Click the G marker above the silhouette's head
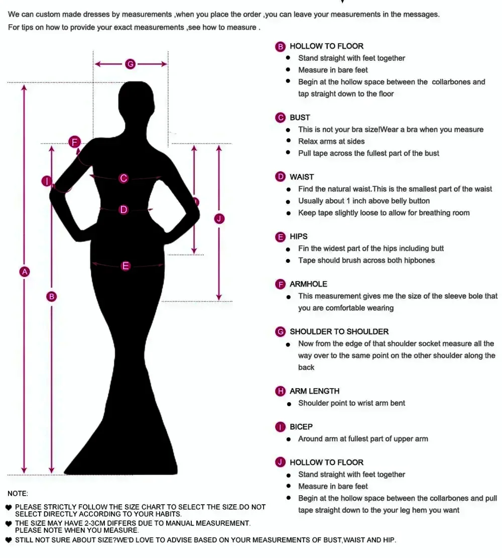131,64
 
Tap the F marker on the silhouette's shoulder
75,142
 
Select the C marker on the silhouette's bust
123,178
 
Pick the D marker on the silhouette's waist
123,209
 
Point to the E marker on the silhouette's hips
125,266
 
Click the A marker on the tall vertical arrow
25,272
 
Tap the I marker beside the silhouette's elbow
47,181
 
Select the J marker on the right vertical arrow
219,219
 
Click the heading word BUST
300,118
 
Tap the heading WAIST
302,177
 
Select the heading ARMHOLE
308,284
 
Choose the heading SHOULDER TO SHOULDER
339,332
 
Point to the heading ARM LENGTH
314,391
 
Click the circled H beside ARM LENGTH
280,391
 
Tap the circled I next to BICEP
280,427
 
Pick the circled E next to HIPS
280,237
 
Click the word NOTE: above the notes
18,494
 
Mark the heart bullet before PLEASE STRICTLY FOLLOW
9,507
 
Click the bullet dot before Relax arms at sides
288,141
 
